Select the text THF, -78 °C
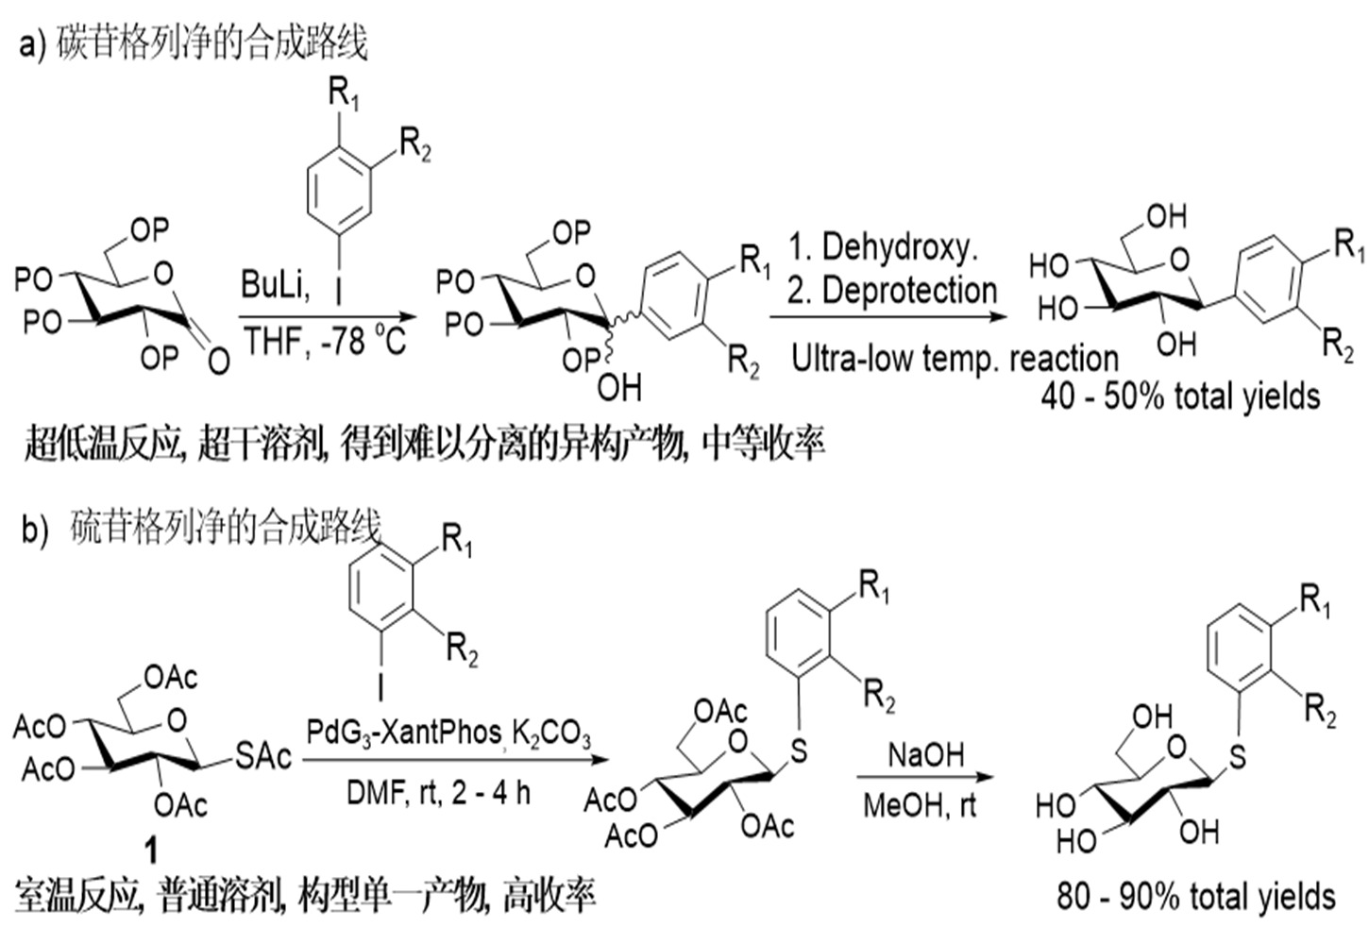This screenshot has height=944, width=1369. point(325,341)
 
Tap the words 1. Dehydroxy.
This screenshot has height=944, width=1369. point(883,247)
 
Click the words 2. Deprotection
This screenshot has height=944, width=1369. point(891,290)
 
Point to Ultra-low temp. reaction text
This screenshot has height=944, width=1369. point(955,358)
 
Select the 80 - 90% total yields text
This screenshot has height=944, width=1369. point(1196,897)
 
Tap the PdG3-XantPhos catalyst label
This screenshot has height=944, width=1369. point(404,732)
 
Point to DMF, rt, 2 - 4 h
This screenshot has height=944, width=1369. point(438,793)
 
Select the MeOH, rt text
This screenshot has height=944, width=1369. point(920,805)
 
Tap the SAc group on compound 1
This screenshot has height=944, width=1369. point(263,756)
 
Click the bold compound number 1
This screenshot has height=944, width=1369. point(150,850)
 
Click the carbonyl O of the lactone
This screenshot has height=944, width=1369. point(219,361)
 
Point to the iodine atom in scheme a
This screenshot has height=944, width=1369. point(338,289)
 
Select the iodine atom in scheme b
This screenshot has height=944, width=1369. point(381,687)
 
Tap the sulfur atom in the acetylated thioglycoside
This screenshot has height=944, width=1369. point(798,751)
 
